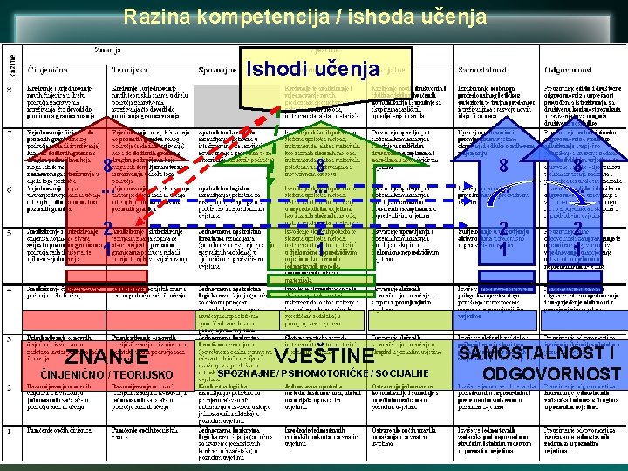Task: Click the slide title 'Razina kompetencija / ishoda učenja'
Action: (314, 16)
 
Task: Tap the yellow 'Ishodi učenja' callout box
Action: (313, 69)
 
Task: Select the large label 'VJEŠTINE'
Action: (324, 356)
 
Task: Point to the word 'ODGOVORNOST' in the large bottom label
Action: (551, 375)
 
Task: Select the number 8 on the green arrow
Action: (322, 166)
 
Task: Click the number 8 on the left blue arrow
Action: (504, 166)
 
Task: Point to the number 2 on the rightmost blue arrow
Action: (577, 228)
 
